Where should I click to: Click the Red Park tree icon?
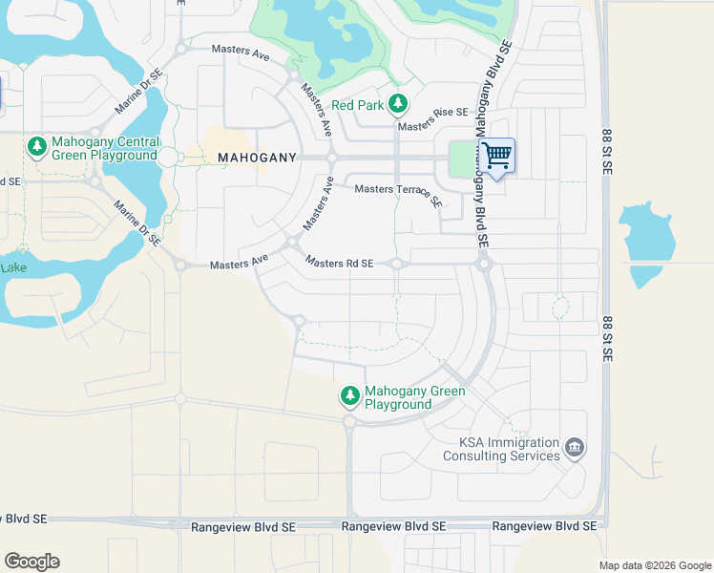click(x=399, y=104)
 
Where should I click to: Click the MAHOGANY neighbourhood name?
click(x=257, y=157)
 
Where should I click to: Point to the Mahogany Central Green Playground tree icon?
click(x=36, y=146)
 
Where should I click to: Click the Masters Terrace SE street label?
click(x=399, y=194)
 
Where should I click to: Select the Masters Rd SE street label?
click(x=339, y=263)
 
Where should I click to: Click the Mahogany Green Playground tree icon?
click(x=350, y=395)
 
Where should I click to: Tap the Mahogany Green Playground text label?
click(x=415, y=397)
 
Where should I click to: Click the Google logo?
click(x=31, y=562)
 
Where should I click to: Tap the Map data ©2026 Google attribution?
click(x=655, y=565)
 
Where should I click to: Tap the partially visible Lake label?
click(x=12, y=268)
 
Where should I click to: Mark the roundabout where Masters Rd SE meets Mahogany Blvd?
click(x=484, y=264)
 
